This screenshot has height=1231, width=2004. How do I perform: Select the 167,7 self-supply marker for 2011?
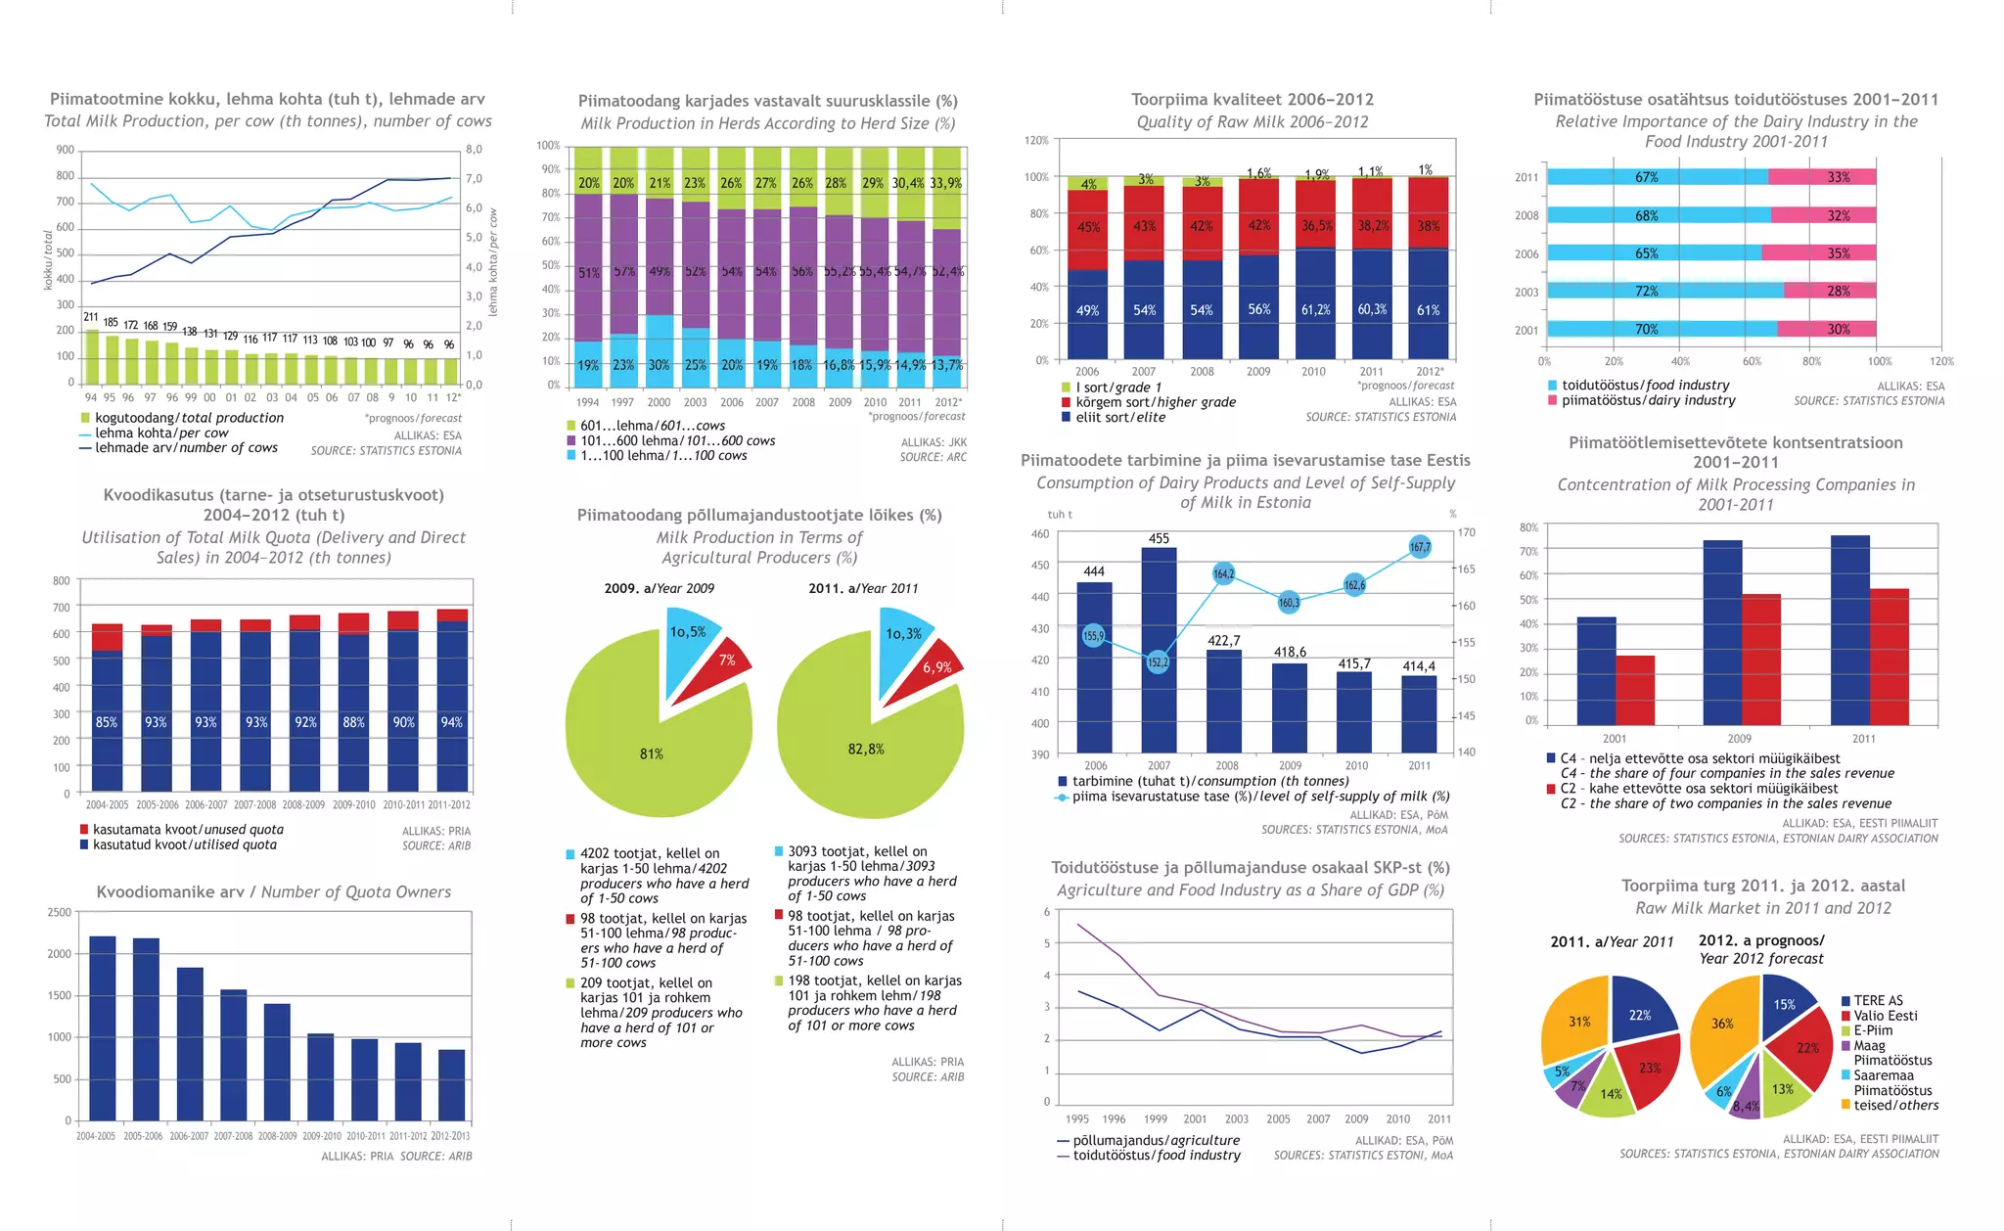pos(1420,547)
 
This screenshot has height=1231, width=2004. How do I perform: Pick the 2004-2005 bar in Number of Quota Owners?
pos(103,1027)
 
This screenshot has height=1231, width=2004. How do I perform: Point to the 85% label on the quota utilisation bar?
pos(107,722)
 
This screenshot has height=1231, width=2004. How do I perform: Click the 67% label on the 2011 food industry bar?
pos(1647,177)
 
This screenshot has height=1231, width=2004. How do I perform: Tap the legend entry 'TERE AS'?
pos(1878,1000)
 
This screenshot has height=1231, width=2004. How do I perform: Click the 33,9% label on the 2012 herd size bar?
pos(946,183)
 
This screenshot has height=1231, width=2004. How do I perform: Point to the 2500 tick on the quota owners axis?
pos(60,912)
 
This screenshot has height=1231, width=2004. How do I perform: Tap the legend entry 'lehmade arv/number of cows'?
pos(186,448)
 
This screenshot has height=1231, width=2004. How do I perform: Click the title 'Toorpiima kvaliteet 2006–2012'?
pos(1252,100)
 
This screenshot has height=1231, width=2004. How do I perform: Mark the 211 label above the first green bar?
pos(91,317)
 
